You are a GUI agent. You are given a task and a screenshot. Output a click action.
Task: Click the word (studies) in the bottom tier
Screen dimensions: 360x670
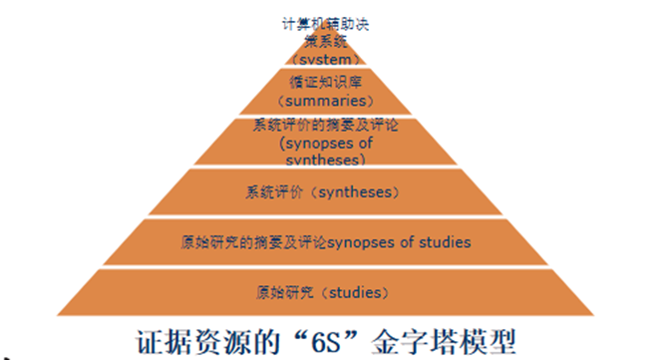tap(352, 292)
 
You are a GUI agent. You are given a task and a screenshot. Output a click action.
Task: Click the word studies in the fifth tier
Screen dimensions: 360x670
tap(445, 242)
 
